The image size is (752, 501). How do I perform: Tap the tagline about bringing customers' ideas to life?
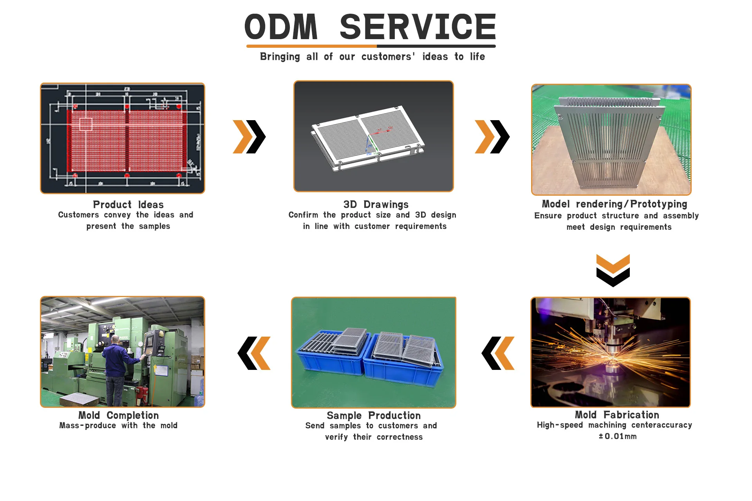[372, 57]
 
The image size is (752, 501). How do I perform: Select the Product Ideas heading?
[128, 205]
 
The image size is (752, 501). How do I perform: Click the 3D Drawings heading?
[376, 205]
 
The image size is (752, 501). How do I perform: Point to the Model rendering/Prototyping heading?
[614, 204]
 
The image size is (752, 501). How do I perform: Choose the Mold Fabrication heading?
[616, 415]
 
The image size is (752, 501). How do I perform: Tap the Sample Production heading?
[374, 416]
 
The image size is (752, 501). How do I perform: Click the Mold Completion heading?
[118, 415]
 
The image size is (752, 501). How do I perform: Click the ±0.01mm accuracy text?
[617, 436]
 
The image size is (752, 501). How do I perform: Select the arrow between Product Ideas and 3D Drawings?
[249, 137]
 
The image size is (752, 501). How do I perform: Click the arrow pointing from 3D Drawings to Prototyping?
[492, 137]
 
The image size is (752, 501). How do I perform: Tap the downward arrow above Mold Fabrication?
[613, 270]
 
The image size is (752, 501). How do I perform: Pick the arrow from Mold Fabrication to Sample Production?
[498, 353]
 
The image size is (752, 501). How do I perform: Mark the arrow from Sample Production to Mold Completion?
[254, 353]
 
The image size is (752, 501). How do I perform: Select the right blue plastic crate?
[403, 362]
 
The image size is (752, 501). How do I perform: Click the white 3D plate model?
[368, 137]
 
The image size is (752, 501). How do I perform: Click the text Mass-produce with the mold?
[118, 425]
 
